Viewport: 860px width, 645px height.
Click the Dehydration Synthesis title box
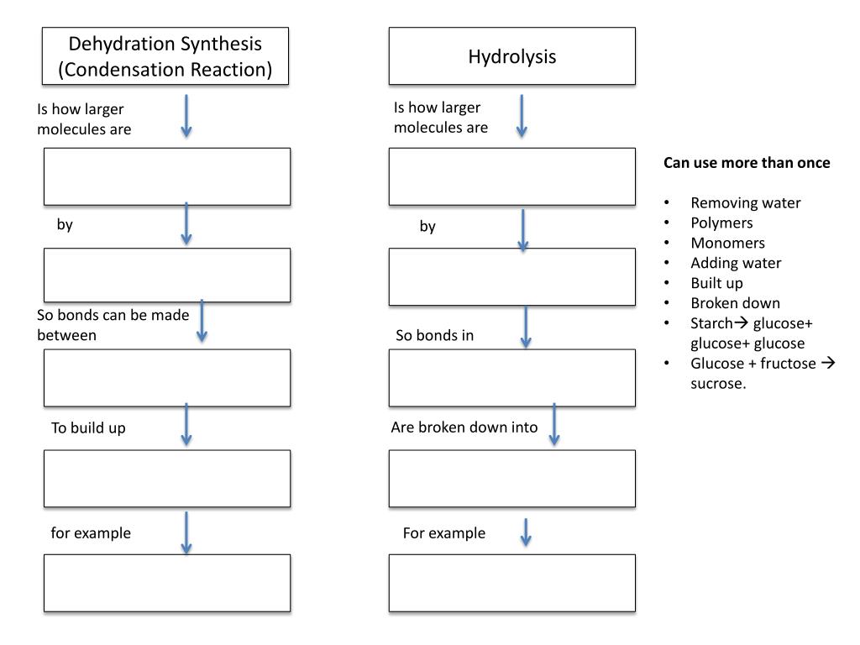165,56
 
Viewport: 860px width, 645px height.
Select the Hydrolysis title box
511,56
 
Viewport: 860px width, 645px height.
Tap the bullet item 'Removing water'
745,202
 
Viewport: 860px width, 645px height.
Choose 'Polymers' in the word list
721,223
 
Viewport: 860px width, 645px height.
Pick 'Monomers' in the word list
727,243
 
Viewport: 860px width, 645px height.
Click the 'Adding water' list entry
736,263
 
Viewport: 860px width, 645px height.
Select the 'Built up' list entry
716,283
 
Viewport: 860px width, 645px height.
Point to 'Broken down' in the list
735,303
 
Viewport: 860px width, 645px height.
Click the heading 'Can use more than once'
747,163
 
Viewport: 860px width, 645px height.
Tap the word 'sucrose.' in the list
718,384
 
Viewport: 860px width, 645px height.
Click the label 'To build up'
88,428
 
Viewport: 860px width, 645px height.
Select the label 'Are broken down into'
464,427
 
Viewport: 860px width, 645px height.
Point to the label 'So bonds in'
435,336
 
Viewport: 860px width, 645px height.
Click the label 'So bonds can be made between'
113,325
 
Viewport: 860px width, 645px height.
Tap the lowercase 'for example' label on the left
91,533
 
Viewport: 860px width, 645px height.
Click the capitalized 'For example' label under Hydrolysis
444,533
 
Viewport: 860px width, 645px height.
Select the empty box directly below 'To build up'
167,479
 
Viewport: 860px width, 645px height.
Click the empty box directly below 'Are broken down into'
511,479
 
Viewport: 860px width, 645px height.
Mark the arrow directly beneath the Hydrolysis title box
522,116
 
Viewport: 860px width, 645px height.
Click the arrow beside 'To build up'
186,424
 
